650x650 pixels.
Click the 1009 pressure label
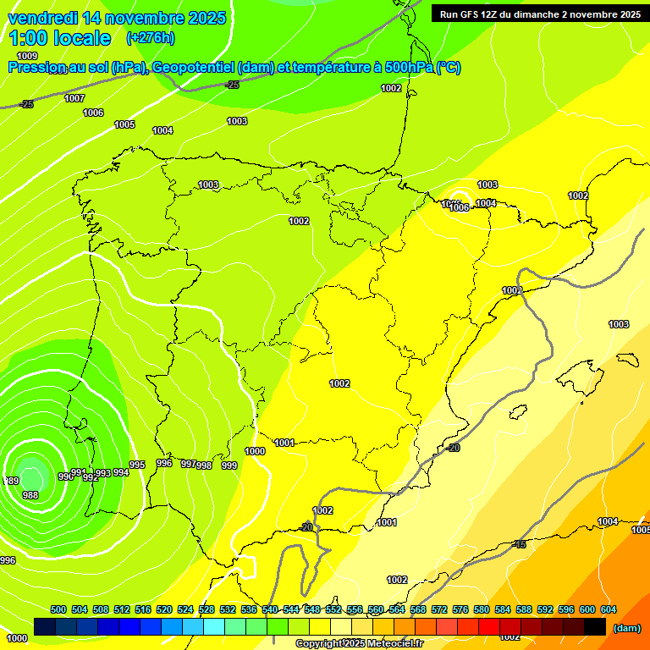27,56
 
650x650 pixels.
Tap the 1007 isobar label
74,98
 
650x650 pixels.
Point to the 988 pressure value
30,495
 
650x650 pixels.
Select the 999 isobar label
229,465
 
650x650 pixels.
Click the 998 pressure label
204,465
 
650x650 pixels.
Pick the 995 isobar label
137,465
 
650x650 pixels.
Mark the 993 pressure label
103,473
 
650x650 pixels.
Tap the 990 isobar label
65,476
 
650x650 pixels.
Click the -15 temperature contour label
520,544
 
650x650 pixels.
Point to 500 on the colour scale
58,609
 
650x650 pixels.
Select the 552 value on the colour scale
333,609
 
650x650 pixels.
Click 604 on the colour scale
609,609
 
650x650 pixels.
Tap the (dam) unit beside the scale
626,628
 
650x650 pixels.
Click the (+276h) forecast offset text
151,38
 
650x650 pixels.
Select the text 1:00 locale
59,38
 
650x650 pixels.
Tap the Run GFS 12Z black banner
537,14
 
